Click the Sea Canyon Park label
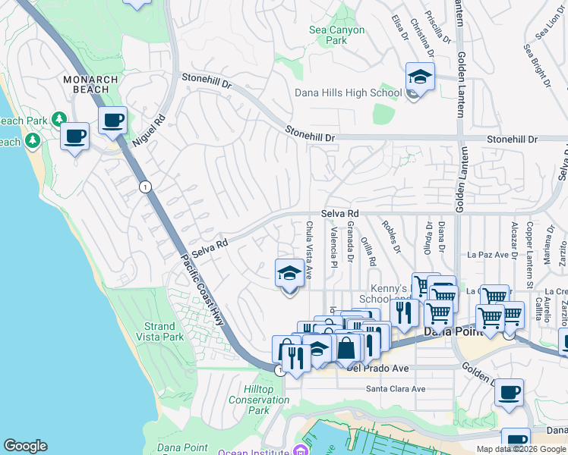tap(336, 36)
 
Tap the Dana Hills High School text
tap(349, 93)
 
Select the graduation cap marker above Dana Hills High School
tap(420, 77)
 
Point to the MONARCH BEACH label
tap(90, 85)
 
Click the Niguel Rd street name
tap(148, 130)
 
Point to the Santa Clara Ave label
tap(396, 389)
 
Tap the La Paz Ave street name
tap(487, 255)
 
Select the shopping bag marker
tap(346, 349)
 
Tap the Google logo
tap(25, 446)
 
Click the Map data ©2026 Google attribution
tap(521, 449)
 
